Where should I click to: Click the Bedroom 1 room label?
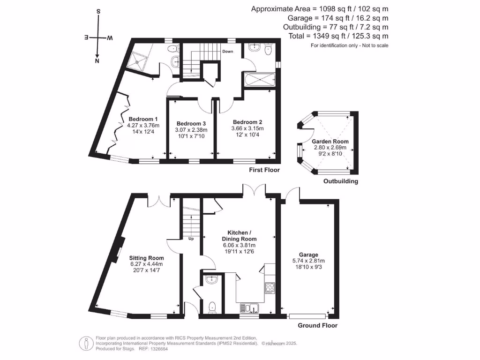point(143,119)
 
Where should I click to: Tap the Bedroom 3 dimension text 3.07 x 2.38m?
point(191,130)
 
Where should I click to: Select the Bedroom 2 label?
point(247,122)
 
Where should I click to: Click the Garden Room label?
point(330,142)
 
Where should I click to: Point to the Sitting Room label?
point(147,258)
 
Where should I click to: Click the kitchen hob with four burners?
point(270,287)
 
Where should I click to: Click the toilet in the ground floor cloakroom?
point(211,307)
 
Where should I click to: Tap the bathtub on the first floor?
point(259,80)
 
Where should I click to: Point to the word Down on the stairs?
point(228,52)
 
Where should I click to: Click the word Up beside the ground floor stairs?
point(191,239)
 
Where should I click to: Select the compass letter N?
point(97,61)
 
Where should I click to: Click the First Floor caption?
point(264,170)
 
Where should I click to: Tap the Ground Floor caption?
point(317,325)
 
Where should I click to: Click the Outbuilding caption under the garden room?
point(341,181)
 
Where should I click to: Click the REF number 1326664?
point(158,349)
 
